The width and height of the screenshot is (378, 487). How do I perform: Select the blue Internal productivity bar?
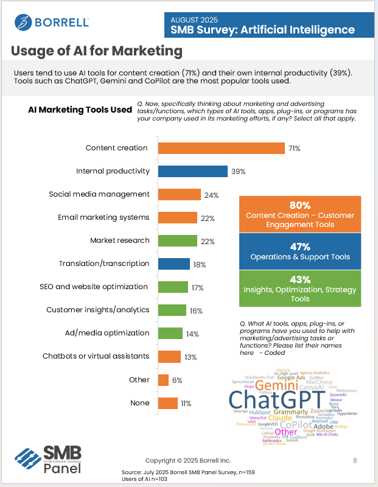(x=193, y=171)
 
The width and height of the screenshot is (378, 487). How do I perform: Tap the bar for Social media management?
(x=179, y=194)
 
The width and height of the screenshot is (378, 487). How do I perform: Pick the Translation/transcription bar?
(x=174, y=264)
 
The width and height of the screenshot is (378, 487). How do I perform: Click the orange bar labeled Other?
(x=163, y=380)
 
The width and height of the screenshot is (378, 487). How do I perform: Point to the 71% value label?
(x=295, y=149)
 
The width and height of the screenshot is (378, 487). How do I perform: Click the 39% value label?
(x=238, y=172)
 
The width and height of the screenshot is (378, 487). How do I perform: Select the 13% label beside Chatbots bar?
(x=191, y=357)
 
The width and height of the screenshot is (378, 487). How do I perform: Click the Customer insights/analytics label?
(x=98, y=310)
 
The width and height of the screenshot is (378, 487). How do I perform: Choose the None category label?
(x=140, y=402)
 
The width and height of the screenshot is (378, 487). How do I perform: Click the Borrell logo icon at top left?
(x=23, y=23)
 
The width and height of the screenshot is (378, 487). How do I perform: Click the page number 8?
(x=355, y=461)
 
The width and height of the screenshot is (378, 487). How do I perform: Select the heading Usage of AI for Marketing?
(x=96, y=49)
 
